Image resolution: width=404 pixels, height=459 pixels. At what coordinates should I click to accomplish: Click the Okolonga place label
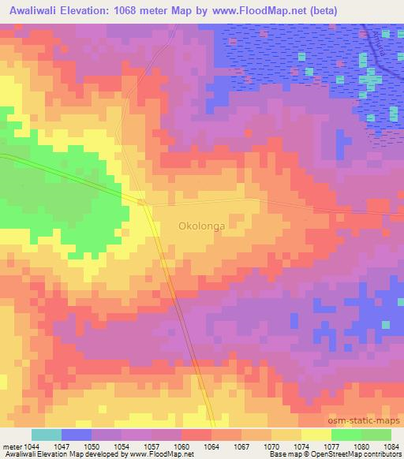(201, 226)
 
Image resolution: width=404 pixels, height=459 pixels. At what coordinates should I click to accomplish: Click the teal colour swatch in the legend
(47, 435)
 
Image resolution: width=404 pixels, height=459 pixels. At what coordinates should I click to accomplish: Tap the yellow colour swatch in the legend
(316, 435)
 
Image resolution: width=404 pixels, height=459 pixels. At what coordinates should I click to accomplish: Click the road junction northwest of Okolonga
(143, 203)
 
